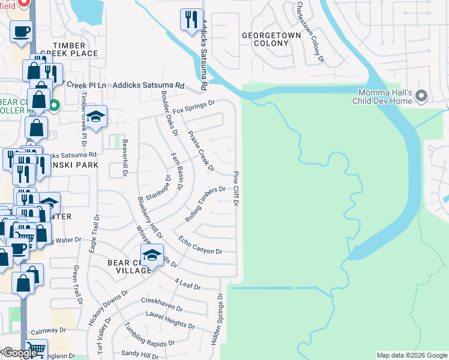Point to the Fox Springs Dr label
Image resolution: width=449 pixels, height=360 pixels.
pyautogui.click(x=193, y=108)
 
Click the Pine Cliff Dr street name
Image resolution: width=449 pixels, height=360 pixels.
pyautogui.click(x=236, y=188)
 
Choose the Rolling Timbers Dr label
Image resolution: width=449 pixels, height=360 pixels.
pyautogui.click(x=205, y=205)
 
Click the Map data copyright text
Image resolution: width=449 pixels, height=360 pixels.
pyautogui.click(x=411, y=355)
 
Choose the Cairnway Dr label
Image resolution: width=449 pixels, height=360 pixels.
pyautogui.click(x=43, y=331)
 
